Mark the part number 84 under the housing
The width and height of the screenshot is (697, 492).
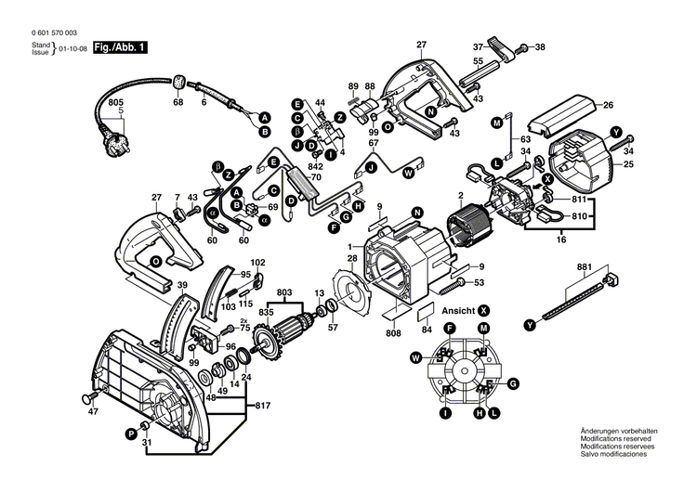click(427, 328)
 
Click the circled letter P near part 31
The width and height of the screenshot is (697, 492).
click(130, 434)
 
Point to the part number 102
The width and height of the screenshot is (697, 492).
click(257, 263)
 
